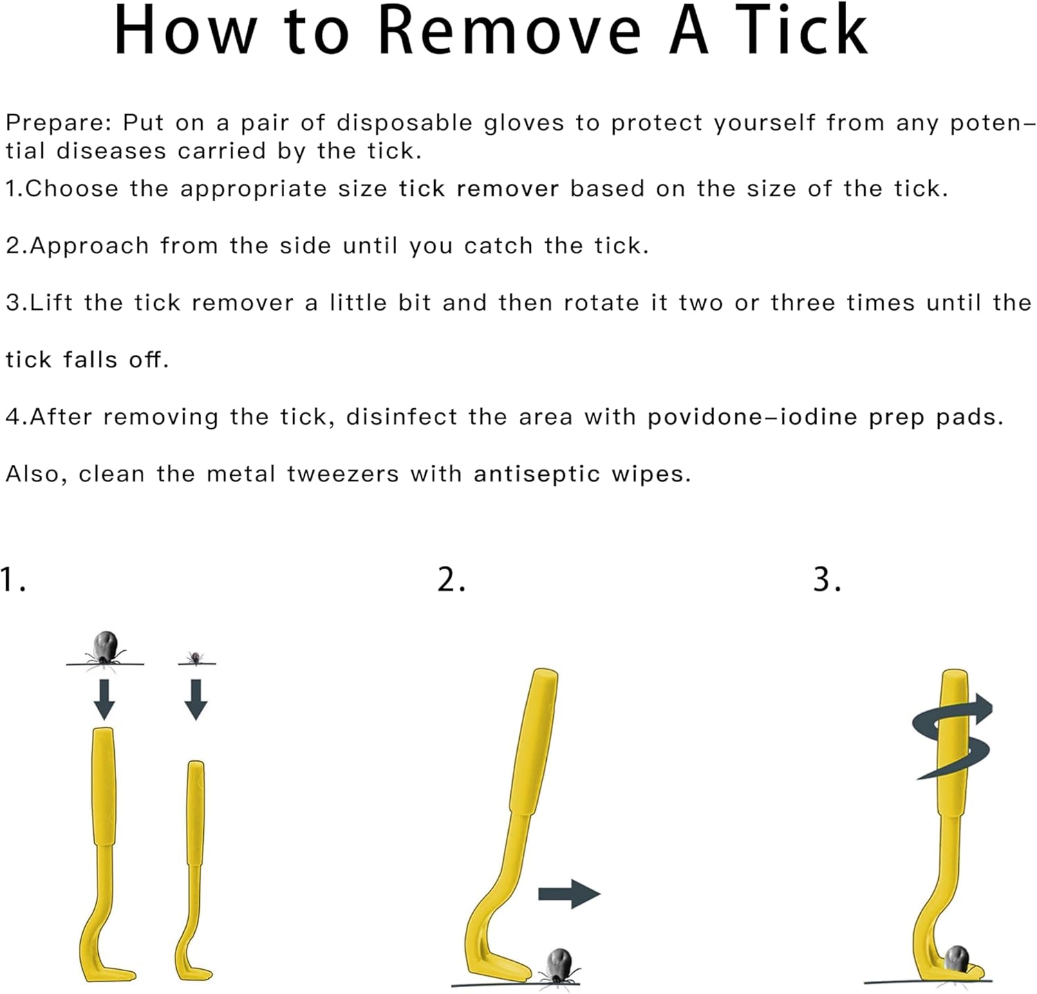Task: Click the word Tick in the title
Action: tap(801, 30)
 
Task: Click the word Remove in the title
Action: tap(510, 30)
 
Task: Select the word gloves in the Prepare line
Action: tap(524, 124)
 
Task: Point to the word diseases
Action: tap(111, 151)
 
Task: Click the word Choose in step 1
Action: tap(72, 189)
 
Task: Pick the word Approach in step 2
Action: tap(89, 247)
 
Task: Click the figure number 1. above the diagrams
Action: tap(14, 580)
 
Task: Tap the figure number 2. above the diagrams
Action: tap(451, 579)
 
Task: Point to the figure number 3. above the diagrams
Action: tap(828, 579)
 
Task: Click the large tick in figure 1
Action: tap(105, 649)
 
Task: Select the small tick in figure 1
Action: tap(196, 657)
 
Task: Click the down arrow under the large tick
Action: tap(104, 699)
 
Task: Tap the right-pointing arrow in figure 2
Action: tap(569, 894)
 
